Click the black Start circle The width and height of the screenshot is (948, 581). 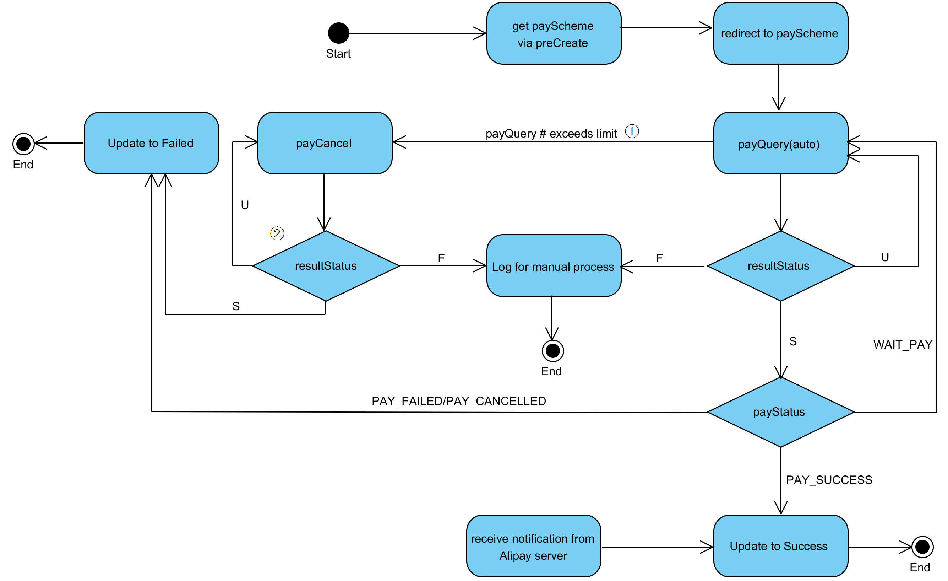pyautogui.click(x=338, y=33)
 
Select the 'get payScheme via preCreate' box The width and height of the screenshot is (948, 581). pyautogui.click(x=553, y=33)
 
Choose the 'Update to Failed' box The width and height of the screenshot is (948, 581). pyautogui.click(x=151, y=143)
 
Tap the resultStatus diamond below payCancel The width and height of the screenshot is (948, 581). pyautogui.click(x=326, y=266)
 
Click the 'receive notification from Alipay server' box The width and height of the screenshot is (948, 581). pyautogui.click(x=533, y=545)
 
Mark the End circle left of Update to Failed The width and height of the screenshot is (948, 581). pyautogui.click(x=23, y=144)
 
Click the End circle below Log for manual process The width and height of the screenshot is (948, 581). pyautogui.click(x=552, y=350)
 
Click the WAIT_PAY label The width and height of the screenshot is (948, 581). pyautogui.click(x=902, y=344)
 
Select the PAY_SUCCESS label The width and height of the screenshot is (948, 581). pyautogui.click(x=828, y=480)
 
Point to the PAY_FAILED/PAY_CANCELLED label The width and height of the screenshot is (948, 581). pyautogui.click(x=458, y=401)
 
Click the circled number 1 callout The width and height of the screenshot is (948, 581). pyautogui.click(x=631, y=131)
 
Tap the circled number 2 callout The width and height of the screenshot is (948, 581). pyautogui.click(x=277, y=233)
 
